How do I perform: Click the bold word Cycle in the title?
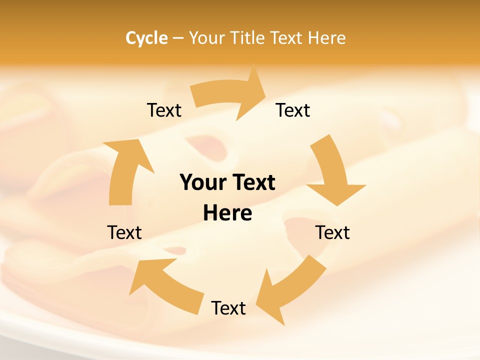pos(146,38)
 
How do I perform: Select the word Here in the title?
pos(327,38)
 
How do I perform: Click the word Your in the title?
pos(206,38)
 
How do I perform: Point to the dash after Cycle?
pos(178,38)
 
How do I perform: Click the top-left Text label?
pos(164,110)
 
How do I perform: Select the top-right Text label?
pos(293,110)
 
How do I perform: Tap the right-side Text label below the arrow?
pos(332,232)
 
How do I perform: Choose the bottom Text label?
pos(228,308)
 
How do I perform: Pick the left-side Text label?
pos(124,232)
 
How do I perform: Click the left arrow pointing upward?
pos(125,170)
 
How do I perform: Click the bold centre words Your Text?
pos(227,183)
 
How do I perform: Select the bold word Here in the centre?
pos(227,213)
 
